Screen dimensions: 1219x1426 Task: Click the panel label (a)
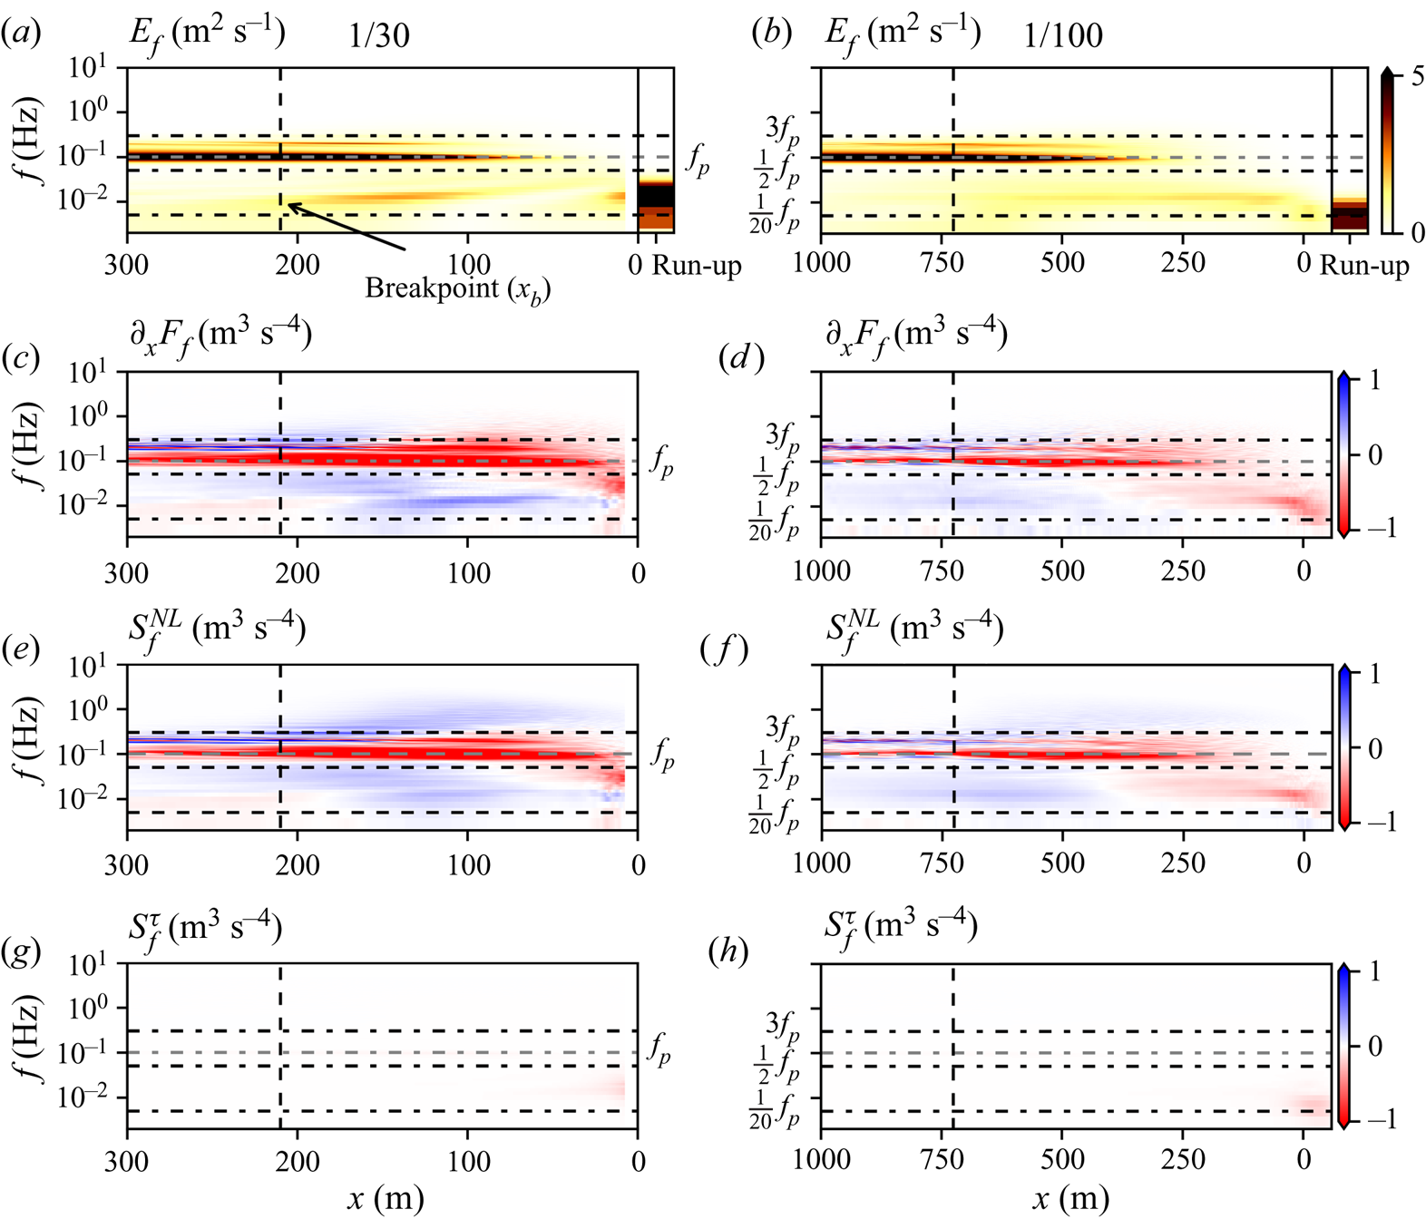click(20, 34)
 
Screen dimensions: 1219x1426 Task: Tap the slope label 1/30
click(379, 35)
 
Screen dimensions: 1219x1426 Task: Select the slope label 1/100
click(1063, 35)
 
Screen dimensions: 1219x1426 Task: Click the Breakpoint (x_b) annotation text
click(457, 289)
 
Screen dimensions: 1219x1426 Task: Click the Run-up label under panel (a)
click(697, 265)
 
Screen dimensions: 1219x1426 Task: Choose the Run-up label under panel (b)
click(1364, 265)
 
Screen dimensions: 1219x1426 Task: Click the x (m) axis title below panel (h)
click(1071, 1199)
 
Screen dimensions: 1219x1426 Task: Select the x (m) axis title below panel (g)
click(386, 1199)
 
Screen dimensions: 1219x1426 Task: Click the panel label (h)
click(731, 952)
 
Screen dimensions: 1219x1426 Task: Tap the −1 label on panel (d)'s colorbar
click(1379, 527)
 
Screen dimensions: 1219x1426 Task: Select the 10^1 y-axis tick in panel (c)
click(88, 373)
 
